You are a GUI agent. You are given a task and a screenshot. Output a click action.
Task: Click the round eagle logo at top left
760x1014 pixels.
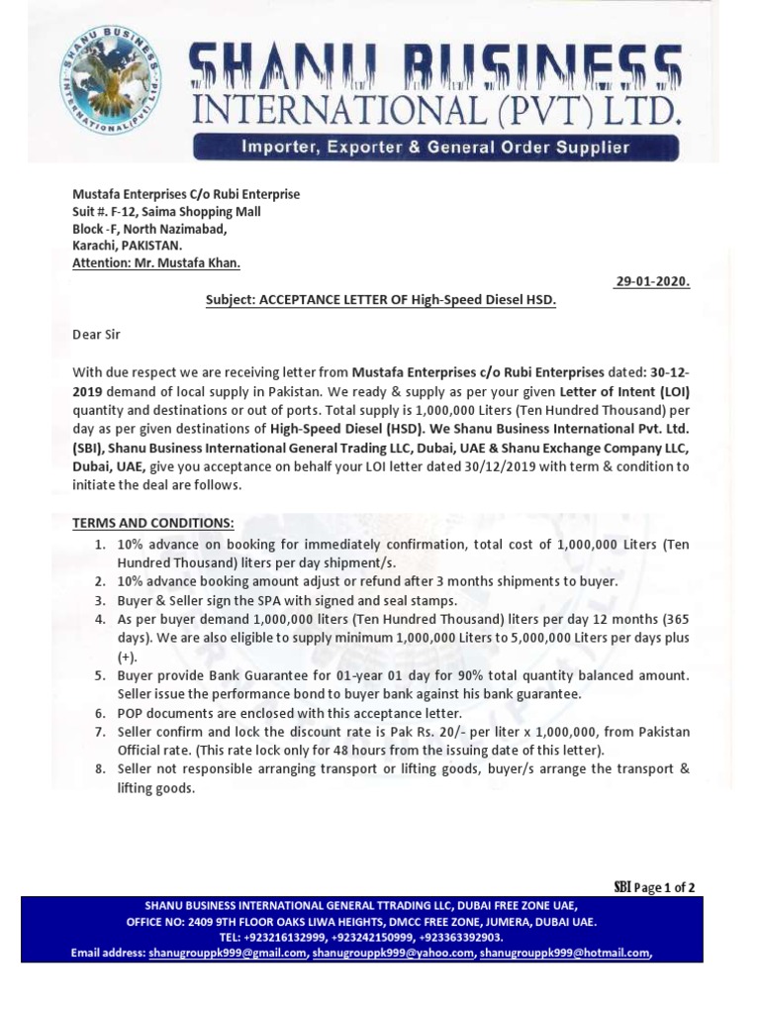click(110, 78)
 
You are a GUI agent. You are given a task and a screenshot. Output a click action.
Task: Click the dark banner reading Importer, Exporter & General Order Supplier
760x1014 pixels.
click(436, 148)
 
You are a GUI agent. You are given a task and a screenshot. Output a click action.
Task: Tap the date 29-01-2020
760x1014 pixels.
click(652, 281)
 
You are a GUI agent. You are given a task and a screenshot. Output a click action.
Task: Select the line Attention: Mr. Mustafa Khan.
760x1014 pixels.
click(156, 263)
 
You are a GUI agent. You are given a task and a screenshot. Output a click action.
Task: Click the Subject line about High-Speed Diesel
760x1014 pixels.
click(380, 299)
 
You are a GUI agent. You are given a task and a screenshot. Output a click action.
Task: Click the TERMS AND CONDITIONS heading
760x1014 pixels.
click(153, 522)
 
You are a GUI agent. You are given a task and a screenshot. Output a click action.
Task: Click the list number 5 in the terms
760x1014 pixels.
click(100, 675)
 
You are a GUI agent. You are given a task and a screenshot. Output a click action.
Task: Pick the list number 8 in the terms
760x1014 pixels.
click(100, 769)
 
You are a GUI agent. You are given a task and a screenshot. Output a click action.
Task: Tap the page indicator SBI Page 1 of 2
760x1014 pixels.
click(654, 887)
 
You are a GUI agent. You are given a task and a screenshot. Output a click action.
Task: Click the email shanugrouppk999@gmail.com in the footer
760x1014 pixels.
click(228, 953)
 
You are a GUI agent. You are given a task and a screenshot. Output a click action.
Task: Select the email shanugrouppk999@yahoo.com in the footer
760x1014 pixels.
click(394, 953)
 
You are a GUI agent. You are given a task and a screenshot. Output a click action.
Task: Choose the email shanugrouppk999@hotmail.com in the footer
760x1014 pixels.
click(565, 953)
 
